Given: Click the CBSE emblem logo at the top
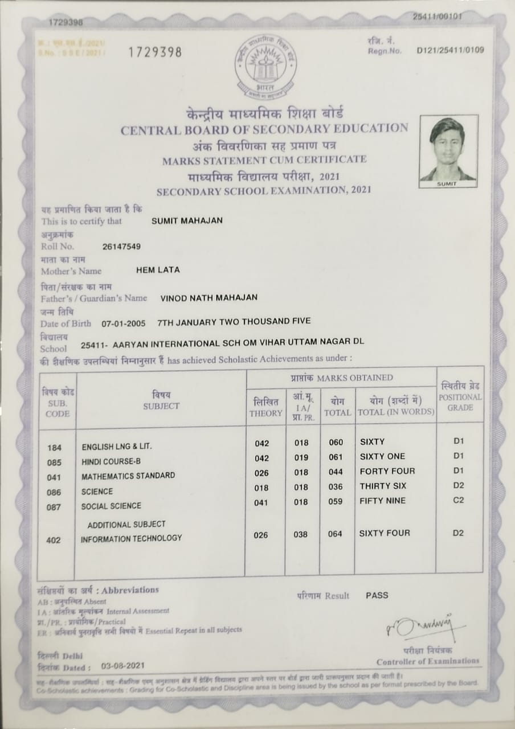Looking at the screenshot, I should (x=265, y=67).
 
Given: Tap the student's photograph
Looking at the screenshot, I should (x=448, y=150).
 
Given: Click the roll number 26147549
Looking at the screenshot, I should (x=121, y=247).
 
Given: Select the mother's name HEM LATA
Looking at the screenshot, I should (x=158, y=270).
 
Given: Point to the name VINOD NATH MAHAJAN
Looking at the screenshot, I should (x=209, y=297).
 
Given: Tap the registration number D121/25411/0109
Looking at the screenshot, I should (x=450, y=50).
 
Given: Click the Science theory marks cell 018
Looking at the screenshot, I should (x=261, y=487).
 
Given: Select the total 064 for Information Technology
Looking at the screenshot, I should (x=335, y=534).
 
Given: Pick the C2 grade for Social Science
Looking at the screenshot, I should (x=458, y=500).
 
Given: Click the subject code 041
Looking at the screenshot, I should (x=54, y=477).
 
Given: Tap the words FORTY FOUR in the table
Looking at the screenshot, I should (x=387, y=471).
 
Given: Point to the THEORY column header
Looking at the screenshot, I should (x=265, y=408).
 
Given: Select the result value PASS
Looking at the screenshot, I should (x=377, y=595).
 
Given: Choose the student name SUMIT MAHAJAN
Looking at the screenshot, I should (x=187, y=220).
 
